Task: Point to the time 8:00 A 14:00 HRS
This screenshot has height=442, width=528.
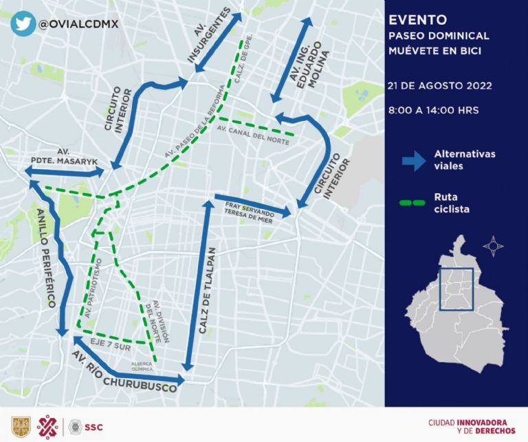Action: (x=433, y=110)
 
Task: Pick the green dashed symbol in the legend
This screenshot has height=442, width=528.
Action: (x=414, y=203)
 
